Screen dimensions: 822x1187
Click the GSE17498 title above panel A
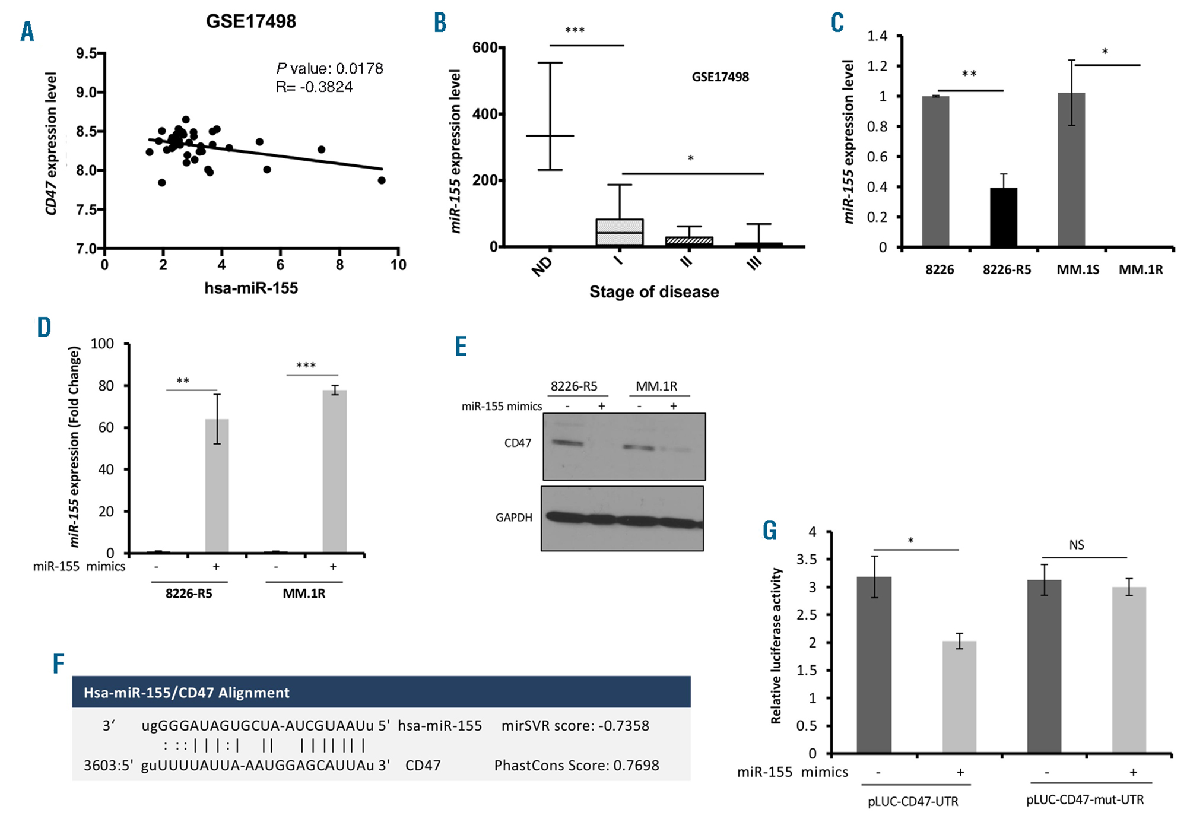(x=250, y=21)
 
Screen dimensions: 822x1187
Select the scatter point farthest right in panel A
(x=382, y=180)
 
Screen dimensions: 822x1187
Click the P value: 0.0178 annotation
(x=329, y=68)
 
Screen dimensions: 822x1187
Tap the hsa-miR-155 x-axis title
(x=251, y=288)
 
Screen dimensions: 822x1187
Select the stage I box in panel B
(x=620, y=232)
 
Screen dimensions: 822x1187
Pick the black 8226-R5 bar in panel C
(x=1004, y=217)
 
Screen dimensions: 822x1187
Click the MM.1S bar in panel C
(x=1071, y=170)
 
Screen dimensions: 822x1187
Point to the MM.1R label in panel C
(x=1141, y=270)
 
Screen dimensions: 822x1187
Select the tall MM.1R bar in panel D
(x=335, y=472)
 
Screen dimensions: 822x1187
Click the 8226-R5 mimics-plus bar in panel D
(x=217, y=486)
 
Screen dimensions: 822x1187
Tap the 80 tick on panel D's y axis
(x=106, y=386)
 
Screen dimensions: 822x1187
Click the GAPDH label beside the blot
(x=514, y=518)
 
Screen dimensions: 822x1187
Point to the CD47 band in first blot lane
(x=567, y=443)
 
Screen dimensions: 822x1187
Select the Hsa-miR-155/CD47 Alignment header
(x=186, y=693)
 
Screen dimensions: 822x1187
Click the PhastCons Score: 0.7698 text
(x=576, y=766)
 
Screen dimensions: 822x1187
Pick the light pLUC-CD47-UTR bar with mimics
(x=959, y=697)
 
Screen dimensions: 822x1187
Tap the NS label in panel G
(x=1077, y=545)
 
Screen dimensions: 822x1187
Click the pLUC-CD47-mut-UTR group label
(x=1085, y=800)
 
